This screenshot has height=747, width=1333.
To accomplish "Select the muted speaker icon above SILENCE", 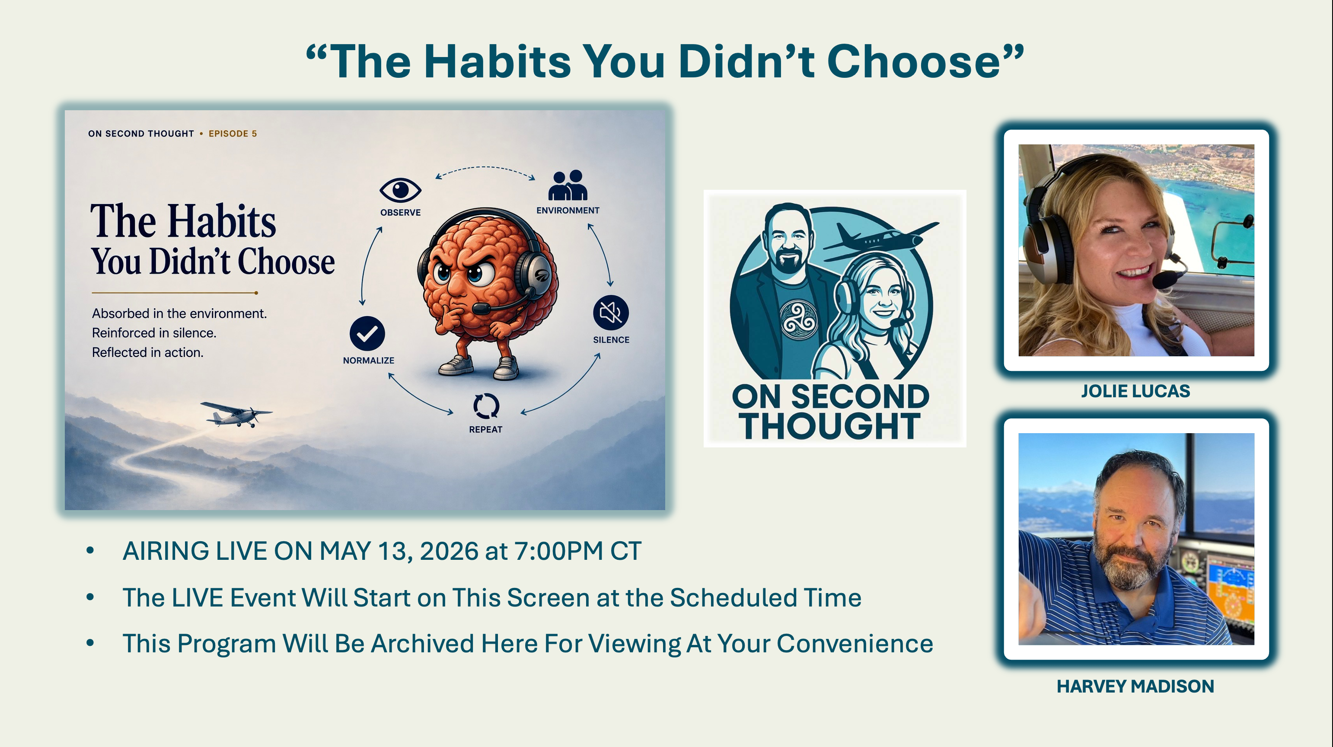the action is pyautogui.click(x=611, y=313).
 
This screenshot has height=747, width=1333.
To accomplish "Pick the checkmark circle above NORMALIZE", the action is pyautogui.click(x=367, y=334).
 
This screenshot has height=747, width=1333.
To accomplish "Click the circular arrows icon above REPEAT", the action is pyautogui.click(x=486, y=406).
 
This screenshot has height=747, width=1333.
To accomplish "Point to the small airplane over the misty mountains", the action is pyautogui.click(x=236, y=414).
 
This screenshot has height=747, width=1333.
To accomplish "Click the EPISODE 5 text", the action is pyautogui.click(x=233, y=134).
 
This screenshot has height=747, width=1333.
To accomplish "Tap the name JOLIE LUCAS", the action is pyautogui.click(x=1135, y=391).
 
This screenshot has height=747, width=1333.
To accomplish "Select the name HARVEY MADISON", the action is pyautogui.click(x=1135, y=686).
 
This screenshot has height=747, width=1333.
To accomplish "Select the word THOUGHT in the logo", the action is pyautogui.click(x=829, y=426).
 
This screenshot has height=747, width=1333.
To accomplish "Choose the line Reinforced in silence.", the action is pyautogui.click(x=154, y=333).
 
